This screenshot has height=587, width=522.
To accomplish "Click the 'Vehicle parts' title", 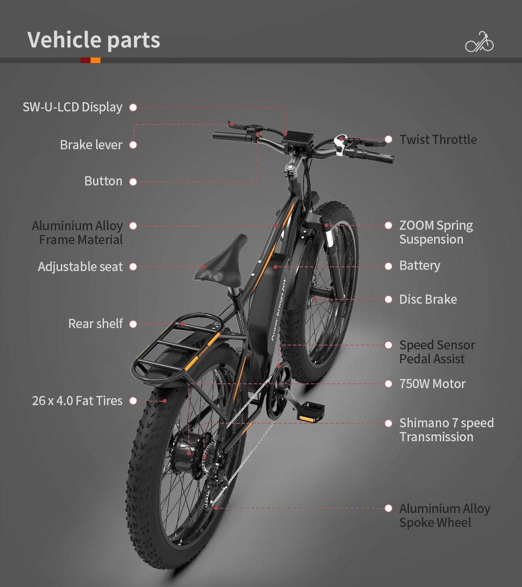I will (94, 40).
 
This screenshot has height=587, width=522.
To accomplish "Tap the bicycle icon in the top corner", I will (479, 42).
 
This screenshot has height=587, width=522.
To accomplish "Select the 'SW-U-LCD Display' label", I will (72, 107).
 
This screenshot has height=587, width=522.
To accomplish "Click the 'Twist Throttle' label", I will (438, 140).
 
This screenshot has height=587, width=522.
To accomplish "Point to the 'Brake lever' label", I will (91, 145).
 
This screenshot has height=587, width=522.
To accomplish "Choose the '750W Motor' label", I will (432, 384).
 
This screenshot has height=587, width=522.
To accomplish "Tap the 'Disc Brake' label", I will (428, 299).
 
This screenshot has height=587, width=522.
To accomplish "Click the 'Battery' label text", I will (419, 265).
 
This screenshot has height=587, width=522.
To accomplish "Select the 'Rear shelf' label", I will (95, 324).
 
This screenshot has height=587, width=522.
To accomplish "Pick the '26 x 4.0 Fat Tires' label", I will (77, 401).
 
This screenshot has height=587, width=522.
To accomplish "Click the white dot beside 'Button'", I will (133, 182).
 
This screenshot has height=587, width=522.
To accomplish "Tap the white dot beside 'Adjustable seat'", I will (133, 267).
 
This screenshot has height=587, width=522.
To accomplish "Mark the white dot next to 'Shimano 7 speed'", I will (388, 423).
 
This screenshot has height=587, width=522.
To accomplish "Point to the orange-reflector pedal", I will (311, 413).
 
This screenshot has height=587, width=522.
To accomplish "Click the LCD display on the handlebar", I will (298, 139).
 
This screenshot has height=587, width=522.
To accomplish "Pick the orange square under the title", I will (96, 60).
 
